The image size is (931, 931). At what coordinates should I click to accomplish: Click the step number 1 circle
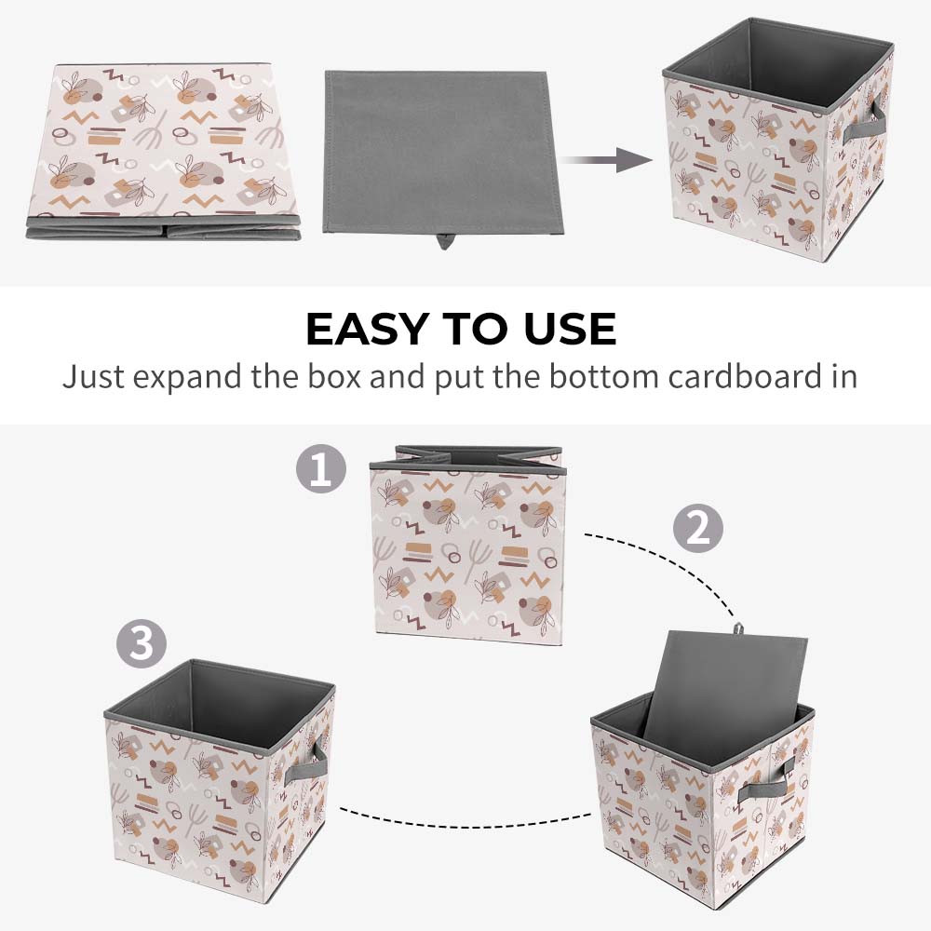pos(321,468)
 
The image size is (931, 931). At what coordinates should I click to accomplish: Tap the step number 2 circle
pos(698,528)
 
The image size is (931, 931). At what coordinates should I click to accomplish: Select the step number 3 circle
pos(142,643)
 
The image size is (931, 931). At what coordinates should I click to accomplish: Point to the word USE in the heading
pos(570,329)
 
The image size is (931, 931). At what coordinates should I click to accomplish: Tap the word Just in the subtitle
pos(93,376)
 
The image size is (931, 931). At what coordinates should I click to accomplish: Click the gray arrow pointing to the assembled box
pos(606,160)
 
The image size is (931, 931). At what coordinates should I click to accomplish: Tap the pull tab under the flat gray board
pos(443,241)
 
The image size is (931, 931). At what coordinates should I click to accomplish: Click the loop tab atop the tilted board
pos(738,628)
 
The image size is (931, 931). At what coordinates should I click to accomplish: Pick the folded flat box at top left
pos(163,152)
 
